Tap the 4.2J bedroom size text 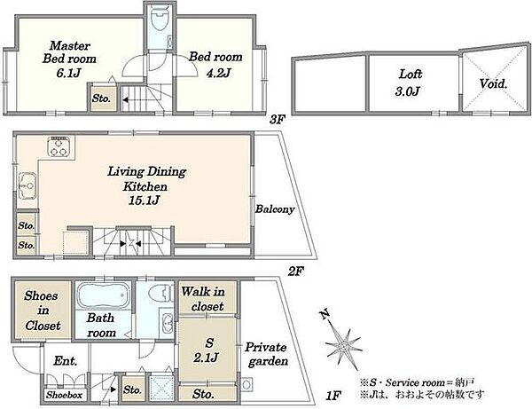(x=218, y=73)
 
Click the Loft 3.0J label (x=409, y=83)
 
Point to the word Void (x=493, y=83)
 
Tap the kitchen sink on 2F (x=27, y=185)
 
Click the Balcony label (x=275, y=209)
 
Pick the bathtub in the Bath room (x=104, y=295)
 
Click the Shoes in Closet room (x=43, y=310)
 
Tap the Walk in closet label (x=203, y=299)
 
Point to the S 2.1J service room (x=207, y=350)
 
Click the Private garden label (x=267, y=354)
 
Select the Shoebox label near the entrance (x=65, y=395)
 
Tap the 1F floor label (x=334, y=396)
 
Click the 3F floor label (x=278, y=120)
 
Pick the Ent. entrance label (x=65, y=361)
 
